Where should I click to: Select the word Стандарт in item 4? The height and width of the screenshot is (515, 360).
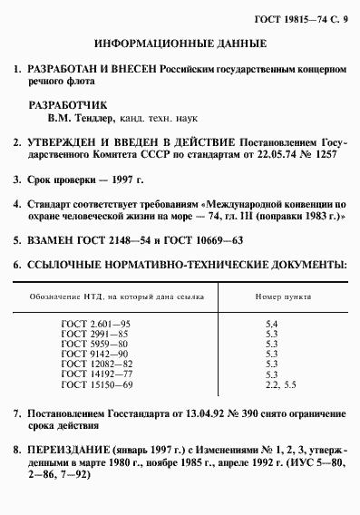coord(56,204)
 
